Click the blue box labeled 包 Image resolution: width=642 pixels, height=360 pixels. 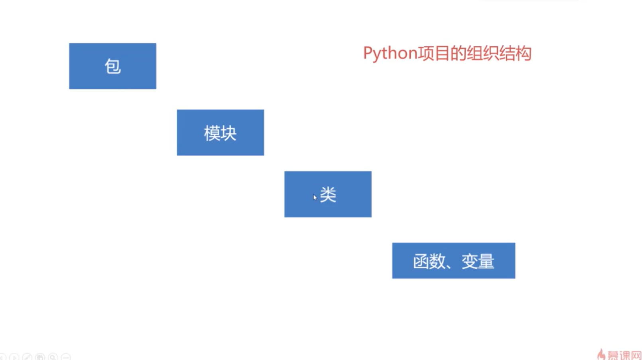112,66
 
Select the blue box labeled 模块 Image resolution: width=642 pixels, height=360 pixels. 221,132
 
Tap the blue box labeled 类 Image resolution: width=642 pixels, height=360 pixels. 328,194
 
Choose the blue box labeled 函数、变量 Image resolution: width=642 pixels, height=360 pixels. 454,261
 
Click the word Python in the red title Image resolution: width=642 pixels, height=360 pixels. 390,53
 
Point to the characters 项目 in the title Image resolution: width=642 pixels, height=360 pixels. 433,53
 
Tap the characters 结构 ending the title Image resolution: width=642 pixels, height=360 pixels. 515,53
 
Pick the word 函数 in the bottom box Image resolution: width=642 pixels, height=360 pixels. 429,261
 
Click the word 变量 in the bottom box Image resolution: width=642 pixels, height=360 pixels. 478,261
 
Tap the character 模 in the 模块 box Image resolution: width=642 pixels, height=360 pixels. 212,133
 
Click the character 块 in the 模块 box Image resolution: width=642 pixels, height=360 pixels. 229,133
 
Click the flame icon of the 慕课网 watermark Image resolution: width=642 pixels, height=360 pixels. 601,354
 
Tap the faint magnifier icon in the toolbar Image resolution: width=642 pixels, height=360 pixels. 53,357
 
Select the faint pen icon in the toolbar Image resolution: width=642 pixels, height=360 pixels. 27,357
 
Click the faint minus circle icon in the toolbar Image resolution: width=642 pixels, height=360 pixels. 66,357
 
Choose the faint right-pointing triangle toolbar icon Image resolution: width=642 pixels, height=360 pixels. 14,357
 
